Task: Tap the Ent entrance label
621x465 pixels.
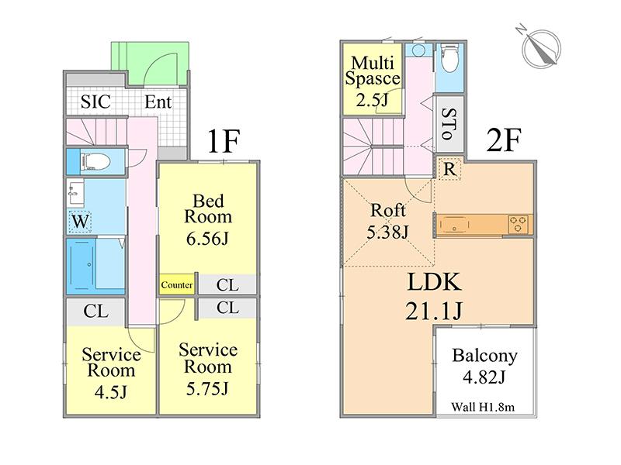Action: point(158,102)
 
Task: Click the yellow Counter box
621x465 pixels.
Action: point(177,285)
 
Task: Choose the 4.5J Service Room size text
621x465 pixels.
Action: point(111,391)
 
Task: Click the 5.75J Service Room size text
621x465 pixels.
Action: point(207,386)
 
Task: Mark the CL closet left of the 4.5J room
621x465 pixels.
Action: point(95,312)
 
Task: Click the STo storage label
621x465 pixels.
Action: point(449,124)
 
